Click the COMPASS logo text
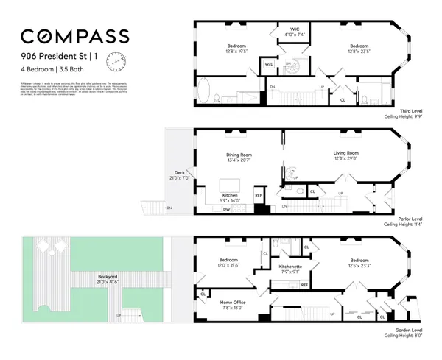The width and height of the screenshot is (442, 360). coord(75,36)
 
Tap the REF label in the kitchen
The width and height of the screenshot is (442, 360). coord(258,195)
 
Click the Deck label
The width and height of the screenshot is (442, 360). coord(176,174)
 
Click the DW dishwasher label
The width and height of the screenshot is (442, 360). coord(225,209)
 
